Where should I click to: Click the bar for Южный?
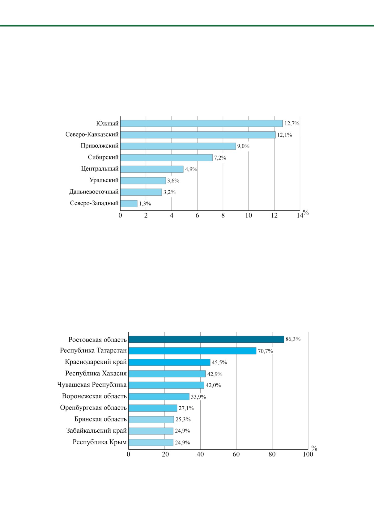201,123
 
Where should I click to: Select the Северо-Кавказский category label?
92,134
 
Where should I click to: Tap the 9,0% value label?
243,146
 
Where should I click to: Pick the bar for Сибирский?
166,158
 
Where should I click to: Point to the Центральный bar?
152,169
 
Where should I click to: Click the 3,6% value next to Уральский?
173,181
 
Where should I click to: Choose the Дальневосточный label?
94,192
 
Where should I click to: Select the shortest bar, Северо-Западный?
129,204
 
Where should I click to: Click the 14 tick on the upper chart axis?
300,215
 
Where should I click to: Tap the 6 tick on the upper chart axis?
197,215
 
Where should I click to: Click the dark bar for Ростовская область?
206,339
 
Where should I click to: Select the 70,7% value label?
265,351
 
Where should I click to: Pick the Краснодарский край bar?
169,362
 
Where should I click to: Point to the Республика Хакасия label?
96,373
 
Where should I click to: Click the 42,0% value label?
213,385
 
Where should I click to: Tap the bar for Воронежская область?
159,396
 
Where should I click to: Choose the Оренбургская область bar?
153,408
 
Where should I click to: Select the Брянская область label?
101,419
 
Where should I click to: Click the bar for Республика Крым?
151,442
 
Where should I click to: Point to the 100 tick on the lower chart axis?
308,454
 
